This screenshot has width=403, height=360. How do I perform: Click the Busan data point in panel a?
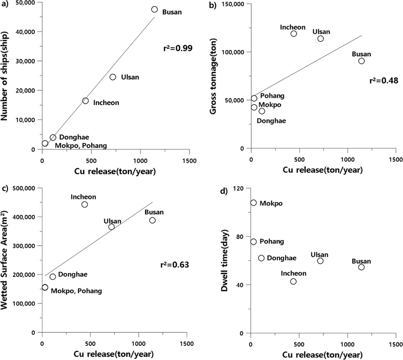[x=154, y=10]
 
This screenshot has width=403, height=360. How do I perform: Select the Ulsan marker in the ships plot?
[x=113, y=77]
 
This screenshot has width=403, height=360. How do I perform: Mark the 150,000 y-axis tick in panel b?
[x=232, y=4]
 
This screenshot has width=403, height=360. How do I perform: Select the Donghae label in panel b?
[x=272, y=120]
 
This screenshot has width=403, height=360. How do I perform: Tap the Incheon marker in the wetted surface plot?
[x=85, y=204]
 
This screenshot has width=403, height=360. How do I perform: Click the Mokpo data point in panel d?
[x=253, y=203]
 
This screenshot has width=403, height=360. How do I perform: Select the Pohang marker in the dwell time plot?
[x=253, y=242]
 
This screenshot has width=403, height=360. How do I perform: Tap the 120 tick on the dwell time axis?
[x=238, y=188]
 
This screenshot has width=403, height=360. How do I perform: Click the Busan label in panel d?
[x=361, y=261]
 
